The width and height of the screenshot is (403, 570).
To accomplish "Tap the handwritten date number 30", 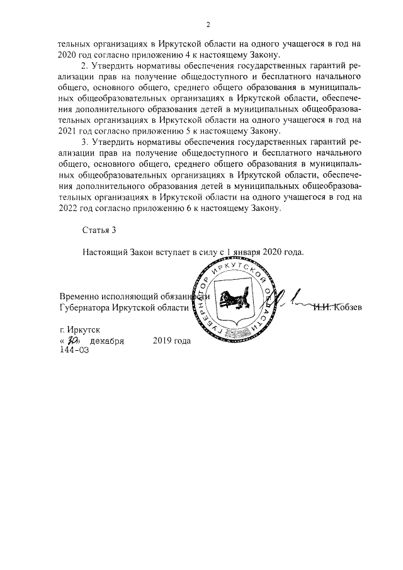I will click(70, 341).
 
